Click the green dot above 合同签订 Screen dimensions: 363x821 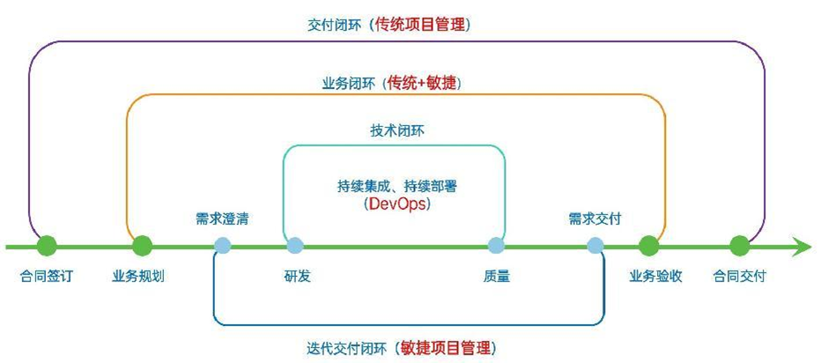coord(47,245)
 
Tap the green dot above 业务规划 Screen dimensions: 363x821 coord(142,245)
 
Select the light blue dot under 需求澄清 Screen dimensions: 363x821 coord(222,245)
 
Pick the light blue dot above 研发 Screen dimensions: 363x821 coord(295,245)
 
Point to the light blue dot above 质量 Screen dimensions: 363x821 coord(497,245)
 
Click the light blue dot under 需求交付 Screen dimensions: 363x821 coord(595,245)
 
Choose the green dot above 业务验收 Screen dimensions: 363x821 coord(649,245)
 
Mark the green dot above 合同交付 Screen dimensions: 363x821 coord(739,245)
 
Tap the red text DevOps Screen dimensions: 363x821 coord(395,204)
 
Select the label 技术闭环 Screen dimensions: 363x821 coord(396,130)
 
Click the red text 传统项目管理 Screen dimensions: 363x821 coord(423,25)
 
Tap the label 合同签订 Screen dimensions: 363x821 coord(47,276)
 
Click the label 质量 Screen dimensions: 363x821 coord(497,276)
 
